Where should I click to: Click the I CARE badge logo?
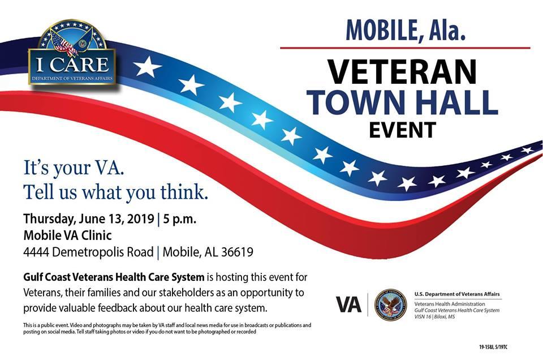pyautogui.click(x=72, y=54)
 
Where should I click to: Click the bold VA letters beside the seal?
pyautogui.click(x=348, y=305)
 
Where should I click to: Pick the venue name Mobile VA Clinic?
pyautogui.click(x=67, y=235)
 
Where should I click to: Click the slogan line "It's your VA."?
pyautogui.click(x=73, y=168)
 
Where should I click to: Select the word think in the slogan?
pyautogui.click(x=183, y=192)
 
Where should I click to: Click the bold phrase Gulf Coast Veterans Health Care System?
pyautogui.click(x=114, y=277)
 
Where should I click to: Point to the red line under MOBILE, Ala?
pyautogui.click(x=405, y=48)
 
